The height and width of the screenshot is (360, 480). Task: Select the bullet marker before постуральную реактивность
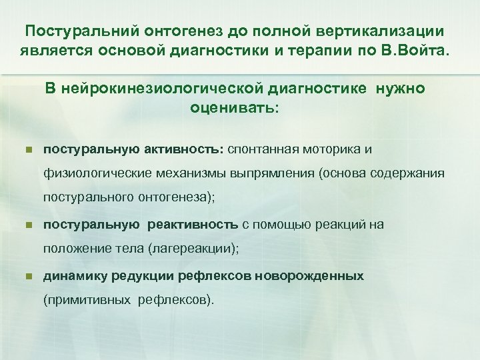click(x=27, y=225)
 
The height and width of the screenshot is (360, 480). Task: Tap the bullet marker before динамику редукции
click(x=27, y=276)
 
